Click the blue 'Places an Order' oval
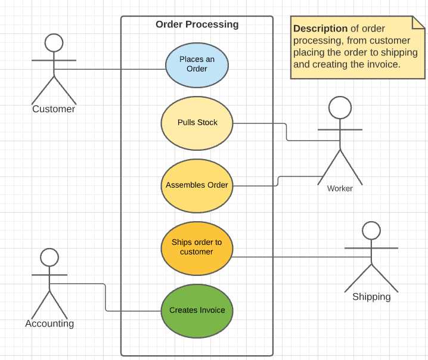point(197,64)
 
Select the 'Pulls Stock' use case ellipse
point(197,123)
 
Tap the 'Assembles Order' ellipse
point(197,185)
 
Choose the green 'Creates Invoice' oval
point(197,311)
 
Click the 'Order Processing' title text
point(197,24)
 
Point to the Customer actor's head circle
point(54,43)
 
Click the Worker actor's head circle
point(340,108)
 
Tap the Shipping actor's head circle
point(371,231)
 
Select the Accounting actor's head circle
point(49,257)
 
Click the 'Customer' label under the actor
point(54,109)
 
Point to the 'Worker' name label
point(340,189)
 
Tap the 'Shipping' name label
point(371,297)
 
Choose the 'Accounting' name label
point(49,324)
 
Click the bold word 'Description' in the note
point(320,29)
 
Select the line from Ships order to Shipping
point(298,257)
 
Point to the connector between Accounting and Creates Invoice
point(106,298)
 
